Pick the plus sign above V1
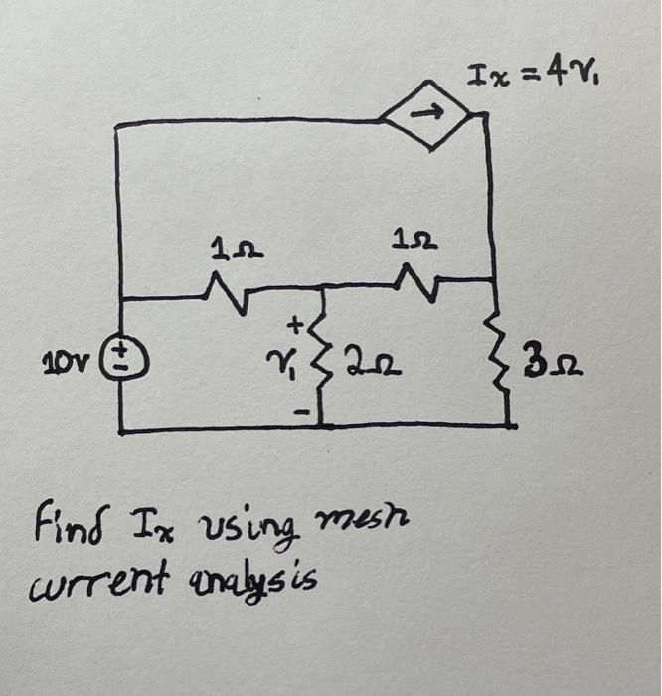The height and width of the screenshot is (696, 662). coord(294,324)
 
